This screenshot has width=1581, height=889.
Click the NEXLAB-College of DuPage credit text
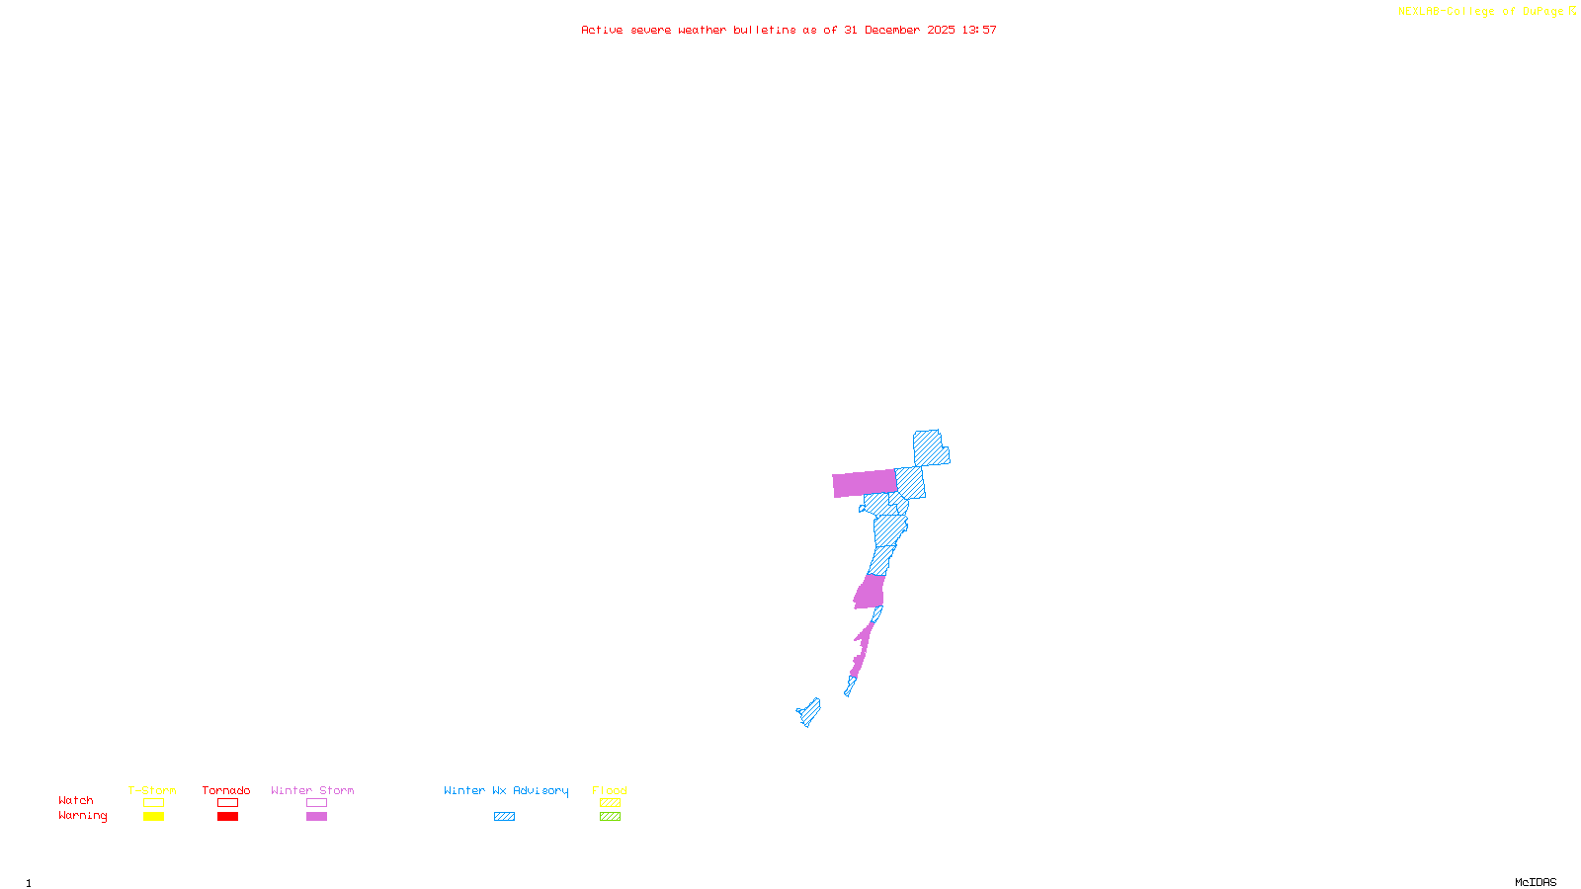1481,12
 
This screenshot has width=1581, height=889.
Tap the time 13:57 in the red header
979,31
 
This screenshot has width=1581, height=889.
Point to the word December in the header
892,31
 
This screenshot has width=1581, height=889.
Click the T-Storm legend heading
152,790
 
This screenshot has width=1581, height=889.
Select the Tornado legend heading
226,790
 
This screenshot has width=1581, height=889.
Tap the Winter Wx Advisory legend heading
506,790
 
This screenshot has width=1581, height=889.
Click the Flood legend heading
610,790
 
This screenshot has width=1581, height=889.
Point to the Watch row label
76,801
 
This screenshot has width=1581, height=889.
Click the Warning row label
83,816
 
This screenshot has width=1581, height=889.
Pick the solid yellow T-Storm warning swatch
153,817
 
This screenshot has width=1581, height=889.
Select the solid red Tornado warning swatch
227,817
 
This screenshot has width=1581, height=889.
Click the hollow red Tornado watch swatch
227,803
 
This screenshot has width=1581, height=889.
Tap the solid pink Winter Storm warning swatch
316,817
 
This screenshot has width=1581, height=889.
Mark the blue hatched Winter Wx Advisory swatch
504,817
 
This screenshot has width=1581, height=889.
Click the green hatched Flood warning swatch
610,817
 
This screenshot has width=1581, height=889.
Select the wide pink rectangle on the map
865,483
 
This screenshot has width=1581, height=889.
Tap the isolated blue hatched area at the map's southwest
809,711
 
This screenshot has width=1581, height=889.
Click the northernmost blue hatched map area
929,447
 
